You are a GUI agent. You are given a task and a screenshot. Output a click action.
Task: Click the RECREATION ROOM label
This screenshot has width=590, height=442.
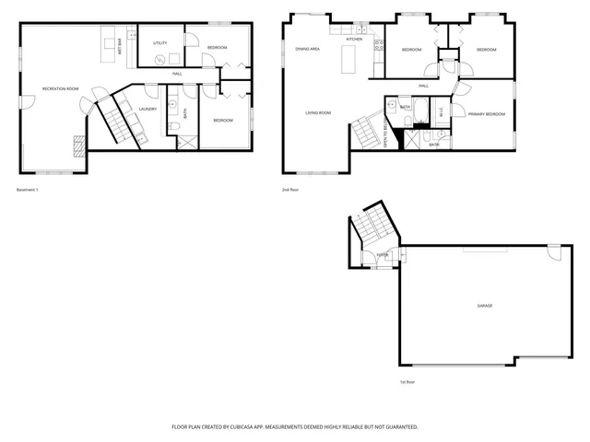click(60, 88)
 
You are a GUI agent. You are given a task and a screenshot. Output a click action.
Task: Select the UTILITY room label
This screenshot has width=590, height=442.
click(159, 43)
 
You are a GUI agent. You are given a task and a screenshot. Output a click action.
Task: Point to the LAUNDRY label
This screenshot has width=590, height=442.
click(147, 109)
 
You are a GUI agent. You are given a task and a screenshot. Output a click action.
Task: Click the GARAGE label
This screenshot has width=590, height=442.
click(484, 305)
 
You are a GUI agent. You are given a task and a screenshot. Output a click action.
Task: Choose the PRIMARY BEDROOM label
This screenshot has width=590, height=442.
click(486, 113)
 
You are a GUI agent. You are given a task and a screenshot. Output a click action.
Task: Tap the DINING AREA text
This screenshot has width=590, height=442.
click(307, 48)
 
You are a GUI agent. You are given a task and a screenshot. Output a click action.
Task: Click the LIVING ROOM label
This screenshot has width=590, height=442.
click(319, 113)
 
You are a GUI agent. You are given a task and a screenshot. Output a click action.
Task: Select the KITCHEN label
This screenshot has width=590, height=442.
click(354, 40)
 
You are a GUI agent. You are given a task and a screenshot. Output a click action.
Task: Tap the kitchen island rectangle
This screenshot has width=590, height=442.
click(349, 61)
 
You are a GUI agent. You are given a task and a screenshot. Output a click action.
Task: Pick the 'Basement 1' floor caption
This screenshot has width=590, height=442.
click(28, 190)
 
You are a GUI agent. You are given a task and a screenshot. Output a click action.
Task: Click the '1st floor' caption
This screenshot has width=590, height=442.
click(407, 381)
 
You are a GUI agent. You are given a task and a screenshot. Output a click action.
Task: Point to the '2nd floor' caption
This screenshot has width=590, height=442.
click(290, 190)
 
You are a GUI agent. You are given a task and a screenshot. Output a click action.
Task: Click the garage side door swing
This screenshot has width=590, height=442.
click(552, 252)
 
